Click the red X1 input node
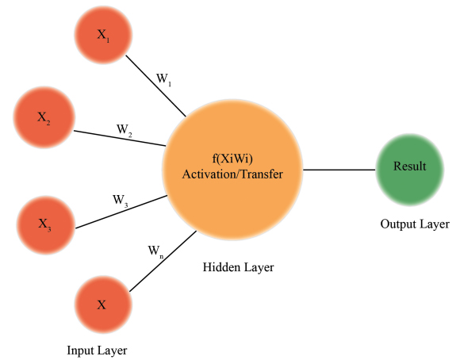coord(103,35)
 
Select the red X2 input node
coord(44,117)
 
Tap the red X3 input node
coord(46,225)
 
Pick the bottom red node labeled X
coord(103,304)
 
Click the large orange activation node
coord(232,170)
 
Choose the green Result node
coord(410,170)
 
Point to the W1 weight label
coord(163,79)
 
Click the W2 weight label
coord(124,130)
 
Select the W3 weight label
coord(121,201)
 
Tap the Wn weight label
coord(155,251)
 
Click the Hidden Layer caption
coord(238,267)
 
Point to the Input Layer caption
coord(97,350)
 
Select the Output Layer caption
coord(415,224)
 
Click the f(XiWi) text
coord(232,159)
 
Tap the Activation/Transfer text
coord(232,174)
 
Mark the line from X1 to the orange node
coord(155,86)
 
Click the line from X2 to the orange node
coord(120,138)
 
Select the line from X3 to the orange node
coord(121,212)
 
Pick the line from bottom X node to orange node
coord(163,262)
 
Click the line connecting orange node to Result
coord(339,170)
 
